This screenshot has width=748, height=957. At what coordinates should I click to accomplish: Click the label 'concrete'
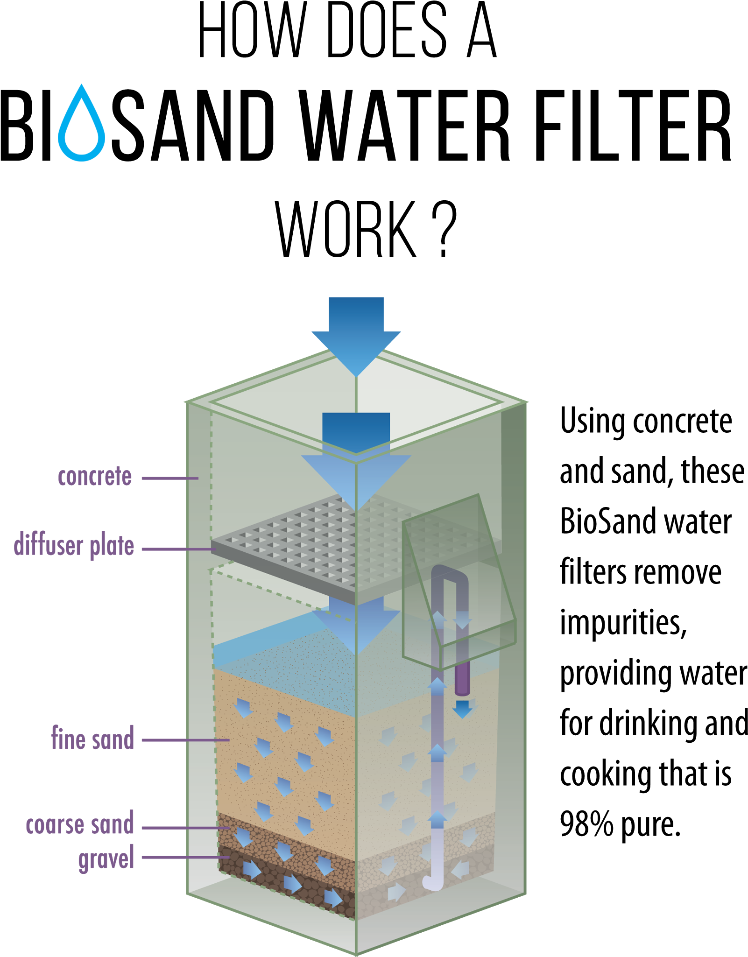(x=95, y=477)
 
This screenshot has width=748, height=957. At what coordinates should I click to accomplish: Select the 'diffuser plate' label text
(x=74, y=546)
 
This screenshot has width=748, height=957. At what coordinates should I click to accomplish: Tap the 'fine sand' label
(x=92, y=739)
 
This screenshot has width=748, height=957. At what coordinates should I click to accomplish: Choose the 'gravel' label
(x=106, y=858)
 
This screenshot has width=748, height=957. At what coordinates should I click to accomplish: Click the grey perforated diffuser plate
(x=289, y=542)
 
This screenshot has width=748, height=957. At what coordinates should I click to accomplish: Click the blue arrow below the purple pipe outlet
(x=462, y=709)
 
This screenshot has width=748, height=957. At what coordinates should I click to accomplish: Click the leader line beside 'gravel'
(x=184, y=858)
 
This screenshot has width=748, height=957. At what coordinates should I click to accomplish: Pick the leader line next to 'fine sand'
(x=184, y=740)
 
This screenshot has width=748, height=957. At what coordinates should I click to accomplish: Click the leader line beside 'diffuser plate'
(x=177, y=549)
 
